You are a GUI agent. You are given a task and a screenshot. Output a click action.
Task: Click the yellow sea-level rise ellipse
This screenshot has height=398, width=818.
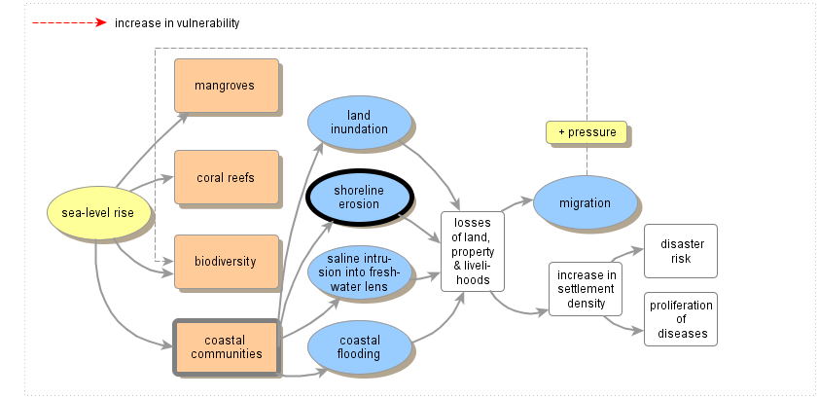(x=98, y=213)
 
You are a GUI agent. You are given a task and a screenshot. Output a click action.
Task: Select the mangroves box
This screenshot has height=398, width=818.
(x=226, y=86)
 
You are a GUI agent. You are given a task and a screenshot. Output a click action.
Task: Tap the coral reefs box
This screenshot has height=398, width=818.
(x=226, y=177)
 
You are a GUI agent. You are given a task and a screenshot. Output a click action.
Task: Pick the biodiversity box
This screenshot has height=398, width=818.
(x=226, y=261)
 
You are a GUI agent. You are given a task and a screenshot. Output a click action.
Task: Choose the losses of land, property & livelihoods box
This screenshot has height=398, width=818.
(x=473, y=251)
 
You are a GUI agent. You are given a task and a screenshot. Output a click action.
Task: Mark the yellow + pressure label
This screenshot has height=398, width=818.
(x=586, y=132)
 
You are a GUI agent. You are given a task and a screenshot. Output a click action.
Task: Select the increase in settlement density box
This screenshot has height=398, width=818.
(x=587, y=289)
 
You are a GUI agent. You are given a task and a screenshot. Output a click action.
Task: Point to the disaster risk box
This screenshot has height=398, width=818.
(x=681, y=250)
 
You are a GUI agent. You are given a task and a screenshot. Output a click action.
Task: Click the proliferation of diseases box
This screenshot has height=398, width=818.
(x=681, y=319)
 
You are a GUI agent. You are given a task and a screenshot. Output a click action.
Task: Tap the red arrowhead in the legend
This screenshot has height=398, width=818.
(x=100, y=22)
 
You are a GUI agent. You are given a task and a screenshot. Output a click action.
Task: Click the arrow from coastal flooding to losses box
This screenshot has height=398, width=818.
(x=443, y=321)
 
